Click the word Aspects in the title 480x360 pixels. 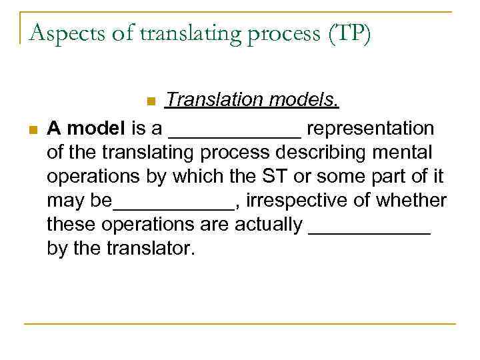(59, 31)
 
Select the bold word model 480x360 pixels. (93, 128)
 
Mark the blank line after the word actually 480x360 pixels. (370, 231)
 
